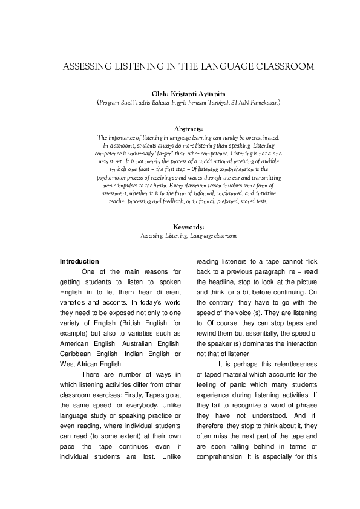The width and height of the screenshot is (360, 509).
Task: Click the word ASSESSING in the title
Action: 85,66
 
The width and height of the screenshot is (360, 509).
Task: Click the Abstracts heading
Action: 188,129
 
